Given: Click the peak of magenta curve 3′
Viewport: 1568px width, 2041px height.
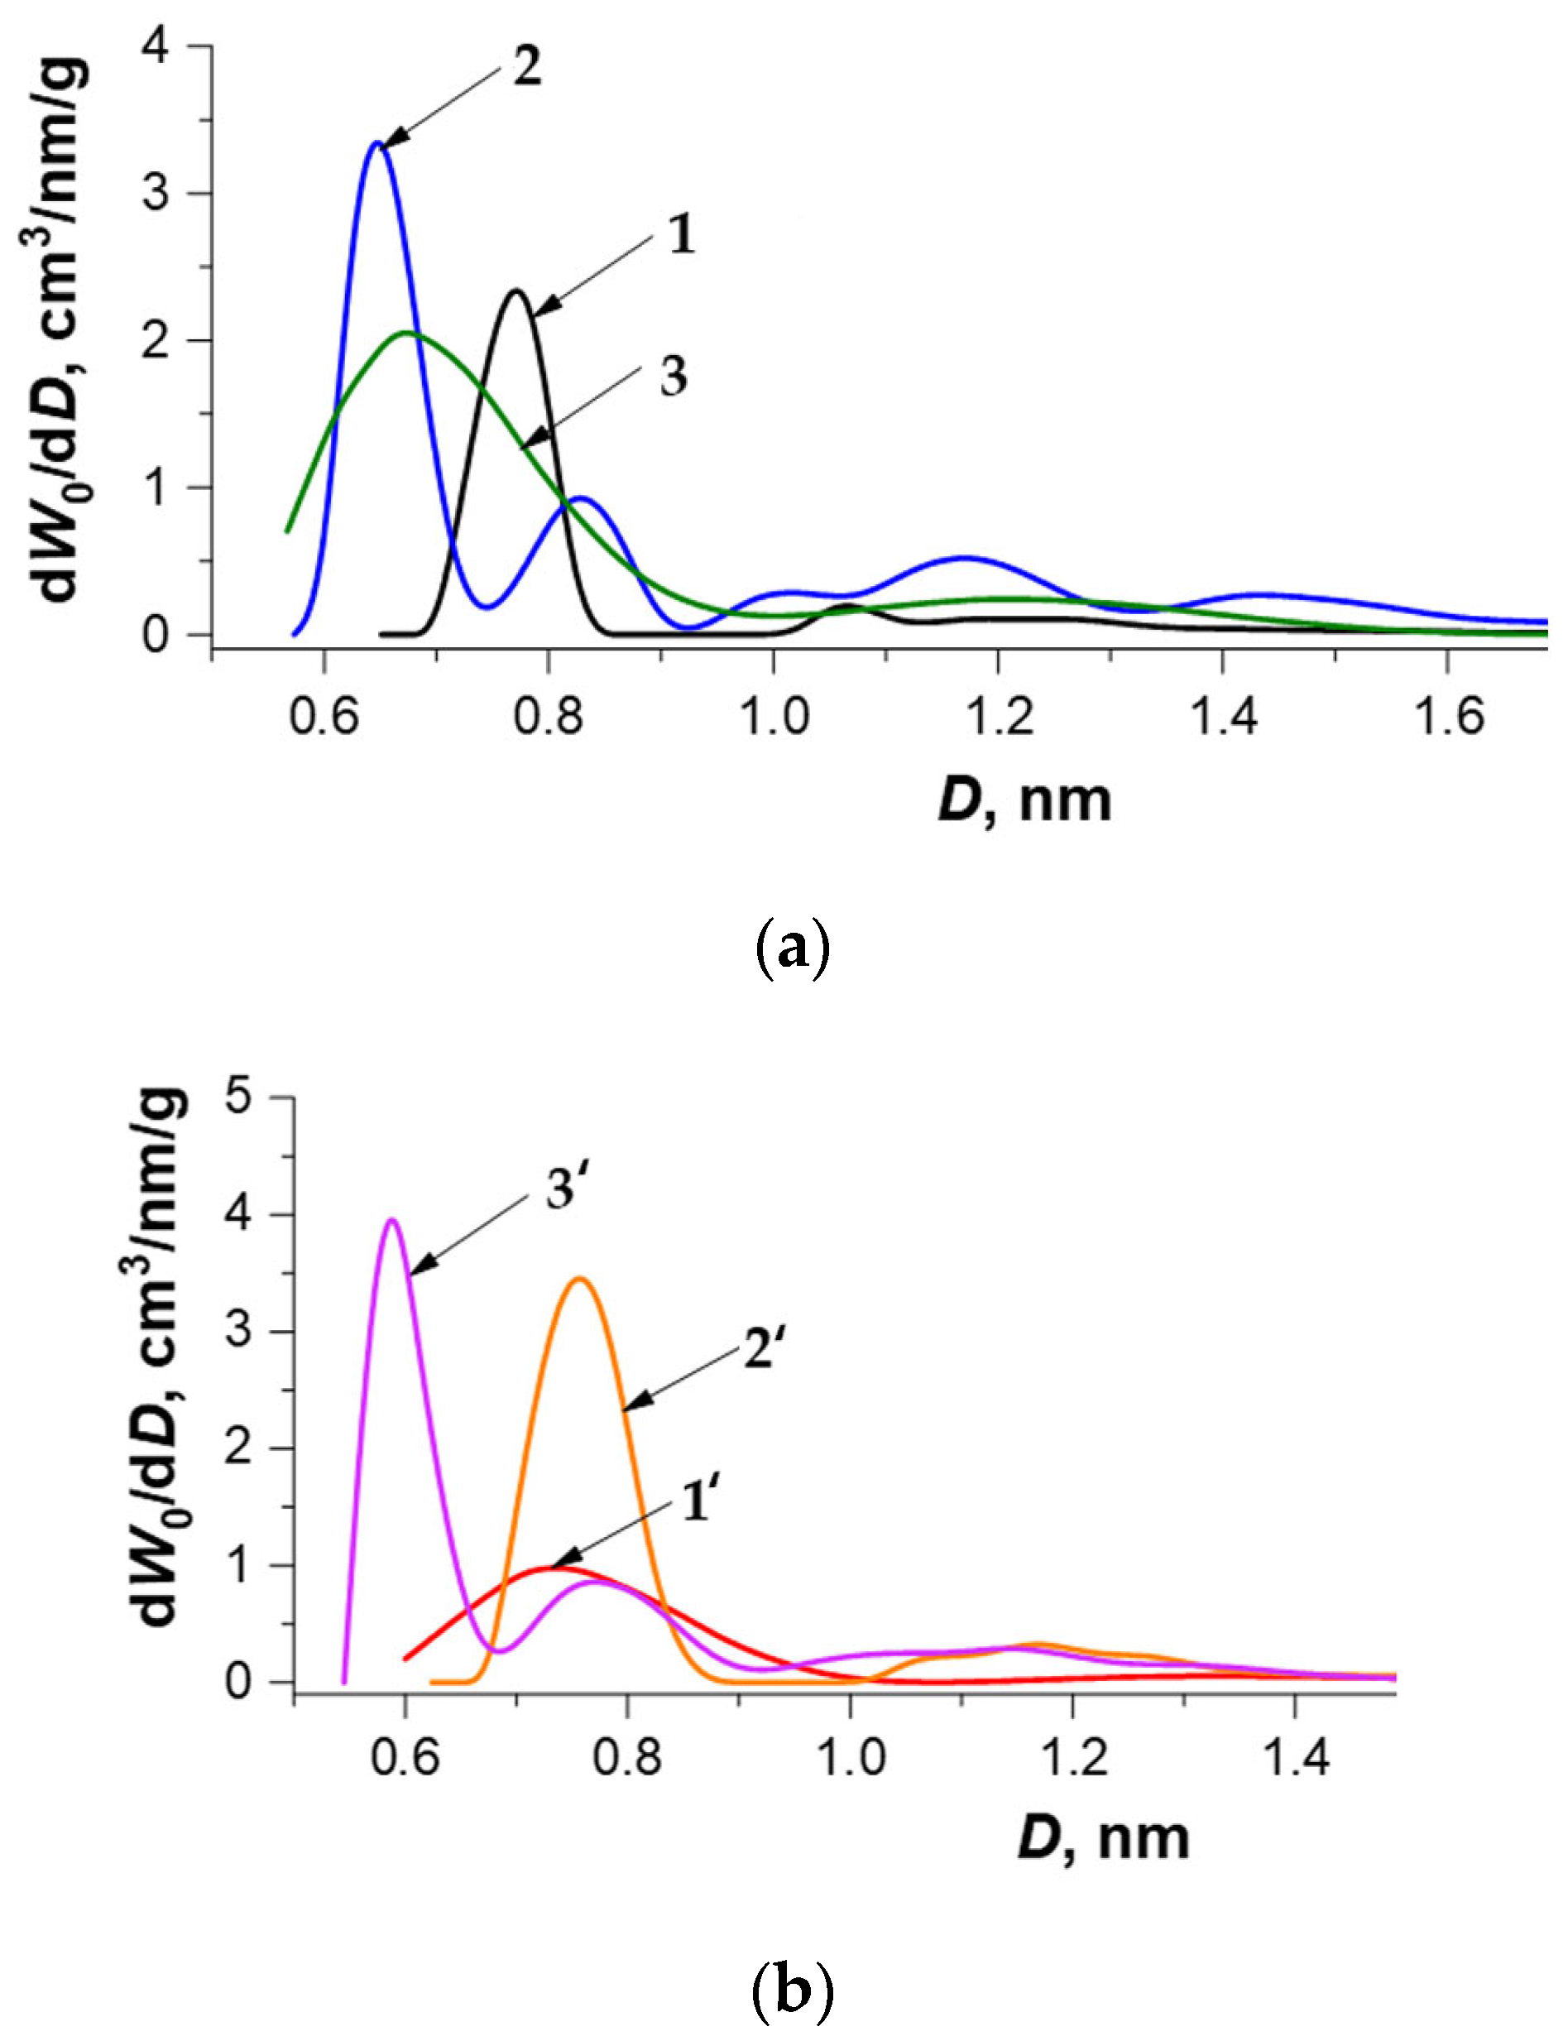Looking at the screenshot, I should [x=392, y=1219].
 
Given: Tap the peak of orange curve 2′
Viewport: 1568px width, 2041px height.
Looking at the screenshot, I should [x=579, y=1278].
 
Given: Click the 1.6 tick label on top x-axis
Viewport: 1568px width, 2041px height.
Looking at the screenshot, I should [x=1446, y=718].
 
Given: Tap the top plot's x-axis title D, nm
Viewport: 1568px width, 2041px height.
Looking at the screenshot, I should [x=1025, y=801].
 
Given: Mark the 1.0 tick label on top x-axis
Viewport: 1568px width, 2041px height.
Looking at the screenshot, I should [x=772, y=718].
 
